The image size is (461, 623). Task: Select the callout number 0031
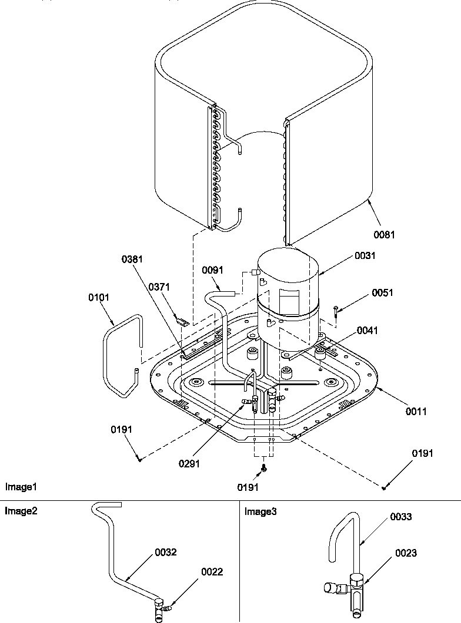pyautogui.click(x=365, y=255)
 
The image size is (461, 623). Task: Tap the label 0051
pyautogui.click(x=382, y=292)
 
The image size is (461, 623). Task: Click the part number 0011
pyautogui.click(x=416, y=412)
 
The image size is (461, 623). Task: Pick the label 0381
pyautogui.click(x=132, y=259)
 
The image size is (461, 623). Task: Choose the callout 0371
pyautogui.click(x=158, y=287)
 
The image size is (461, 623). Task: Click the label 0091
pyautogui.click(x=212, y=270)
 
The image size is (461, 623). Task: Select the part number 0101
pyautogui.click(x=99, y=297)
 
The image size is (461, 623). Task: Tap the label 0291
pyautogui.click(x=190, y=463)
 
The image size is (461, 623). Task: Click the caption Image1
pyautogui.click(x=21, y=487)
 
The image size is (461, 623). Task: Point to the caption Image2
pyautogui.click(x=21, y=511)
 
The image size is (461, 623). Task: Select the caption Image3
pyautogui.click(x=260, y=511)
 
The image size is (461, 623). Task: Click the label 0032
pyautogui.click(x=166, y=553)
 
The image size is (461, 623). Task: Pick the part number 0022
pyautogui.click(x=212, y=571)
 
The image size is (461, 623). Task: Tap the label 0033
pyautogui.click(x=400, y=517)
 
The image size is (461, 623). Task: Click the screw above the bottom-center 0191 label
pyautogui.click(x=264, y=468)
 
